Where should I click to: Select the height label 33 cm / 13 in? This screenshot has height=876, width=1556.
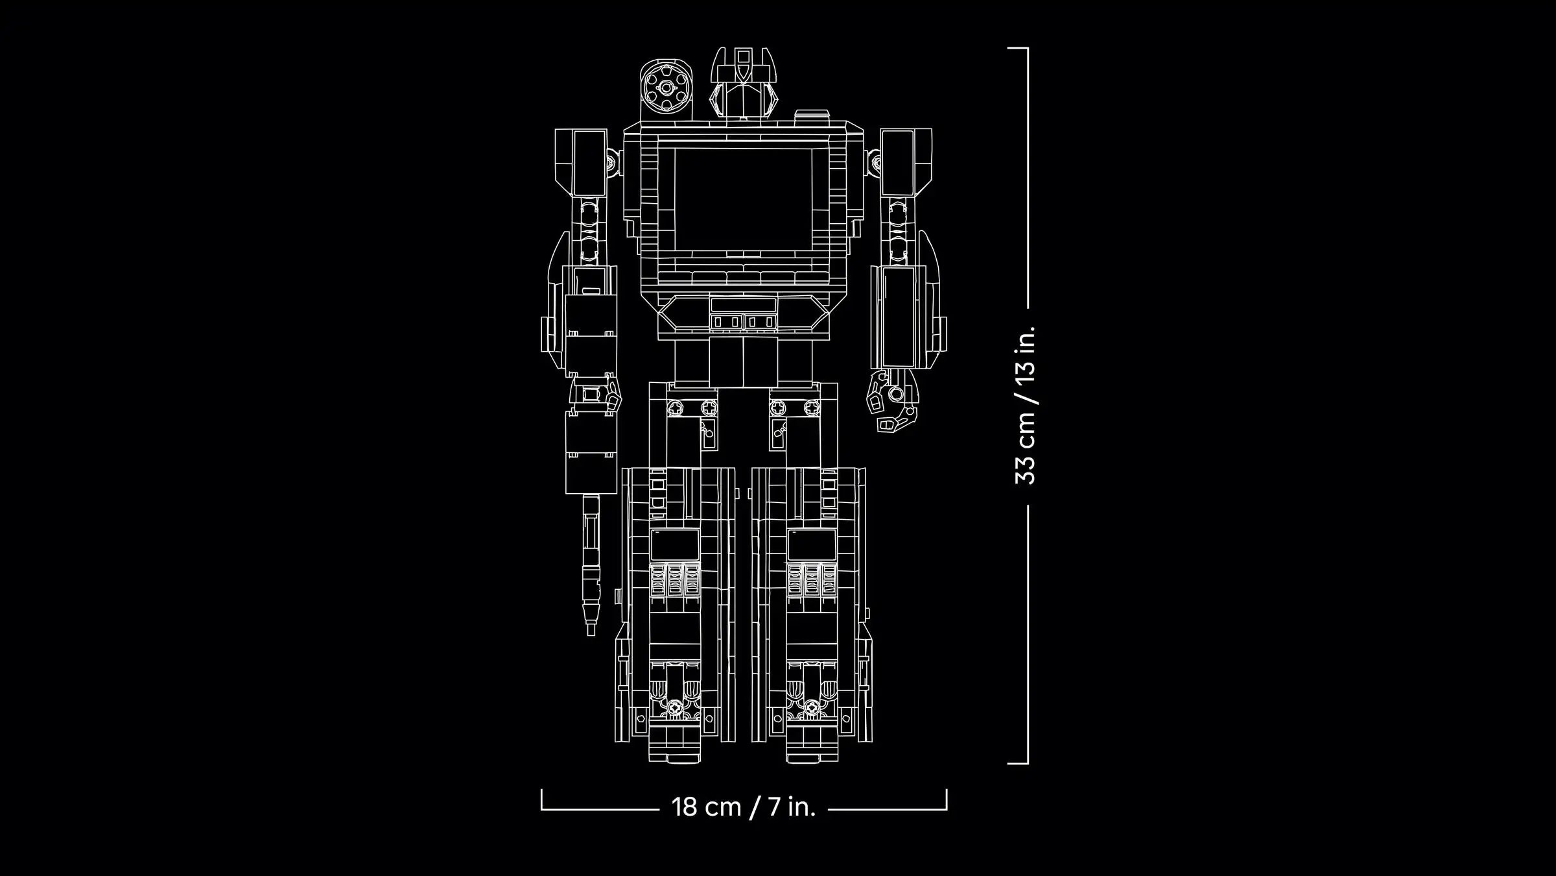point(1026,406)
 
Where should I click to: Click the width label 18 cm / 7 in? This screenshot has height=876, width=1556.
point(743,807)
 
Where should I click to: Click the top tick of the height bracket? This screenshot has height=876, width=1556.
point(1018,48)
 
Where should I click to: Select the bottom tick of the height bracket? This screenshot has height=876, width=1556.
point(1018,763)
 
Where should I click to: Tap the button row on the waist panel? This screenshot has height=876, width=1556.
point(743,321)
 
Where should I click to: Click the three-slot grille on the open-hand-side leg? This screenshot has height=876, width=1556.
point(812,579)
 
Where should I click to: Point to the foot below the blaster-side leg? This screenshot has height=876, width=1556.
point(675,746)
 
